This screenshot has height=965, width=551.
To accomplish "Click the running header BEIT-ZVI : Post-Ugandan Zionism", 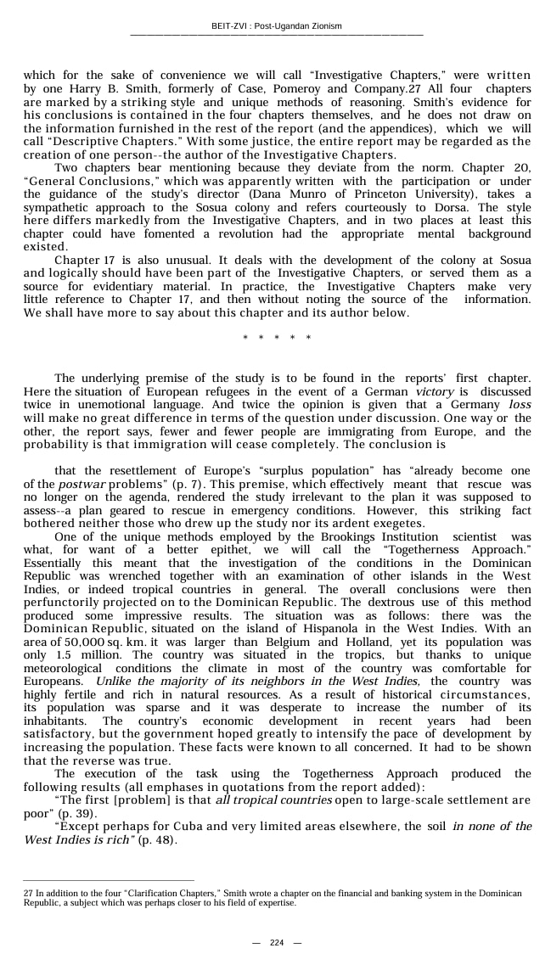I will [x=276, y=26].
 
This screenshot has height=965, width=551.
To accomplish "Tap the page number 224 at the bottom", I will [x=276, y=943].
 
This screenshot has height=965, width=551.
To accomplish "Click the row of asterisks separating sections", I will [x=277, y=338].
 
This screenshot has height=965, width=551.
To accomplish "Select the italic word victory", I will [x=435, y=391].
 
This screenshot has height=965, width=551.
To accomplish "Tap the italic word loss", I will [x=520, y=405].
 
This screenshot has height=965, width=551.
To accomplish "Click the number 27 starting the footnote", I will [x=28, y=894].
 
